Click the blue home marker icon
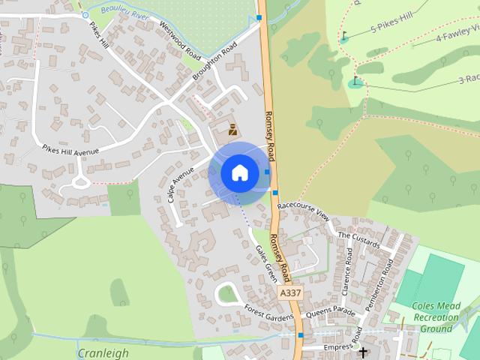(239, 172)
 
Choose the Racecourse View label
(303, 210)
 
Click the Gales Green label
(266, 262)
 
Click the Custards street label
(358, 240)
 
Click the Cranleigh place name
(103, 352)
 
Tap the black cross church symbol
(364, 352)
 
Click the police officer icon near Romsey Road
(232, 128)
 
